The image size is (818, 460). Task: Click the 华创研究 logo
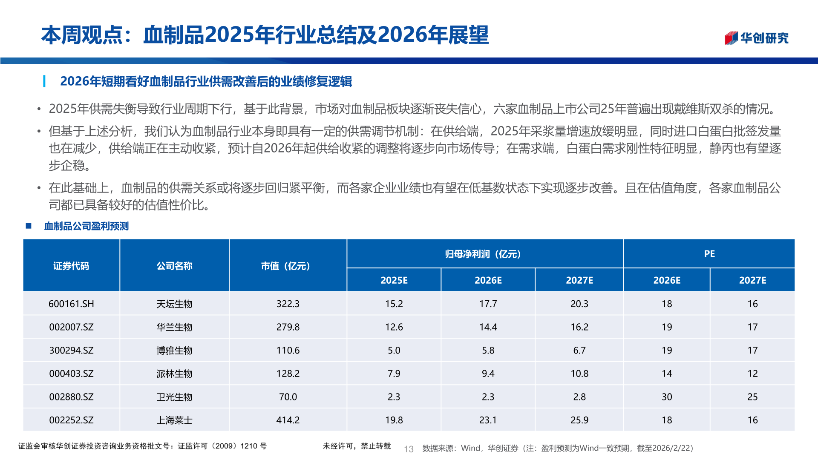756,38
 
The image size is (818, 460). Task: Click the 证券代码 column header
71,266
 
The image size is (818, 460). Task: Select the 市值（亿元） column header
288,266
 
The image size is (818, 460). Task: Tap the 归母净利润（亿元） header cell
485,254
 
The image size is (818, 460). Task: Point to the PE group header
709,254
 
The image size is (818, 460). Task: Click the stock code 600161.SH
71,304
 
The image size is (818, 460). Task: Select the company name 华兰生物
174,327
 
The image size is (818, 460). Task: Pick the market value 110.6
288,350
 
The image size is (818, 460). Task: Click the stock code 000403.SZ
71,374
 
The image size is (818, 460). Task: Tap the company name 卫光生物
174,397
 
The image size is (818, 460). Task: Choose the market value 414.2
288,420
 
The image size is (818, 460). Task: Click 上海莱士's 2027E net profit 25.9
579,420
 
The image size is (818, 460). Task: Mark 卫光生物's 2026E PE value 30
667,397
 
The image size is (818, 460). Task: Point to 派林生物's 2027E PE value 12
752,374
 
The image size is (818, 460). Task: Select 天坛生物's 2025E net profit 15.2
394,304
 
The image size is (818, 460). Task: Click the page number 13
409,449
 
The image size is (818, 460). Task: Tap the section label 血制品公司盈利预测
86,226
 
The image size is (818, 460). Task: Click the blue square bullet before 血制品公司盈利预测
29,226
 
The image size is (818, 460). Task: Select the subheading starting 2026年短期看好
206,81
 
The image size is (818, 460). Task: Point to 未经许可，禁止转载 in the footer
357,446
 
